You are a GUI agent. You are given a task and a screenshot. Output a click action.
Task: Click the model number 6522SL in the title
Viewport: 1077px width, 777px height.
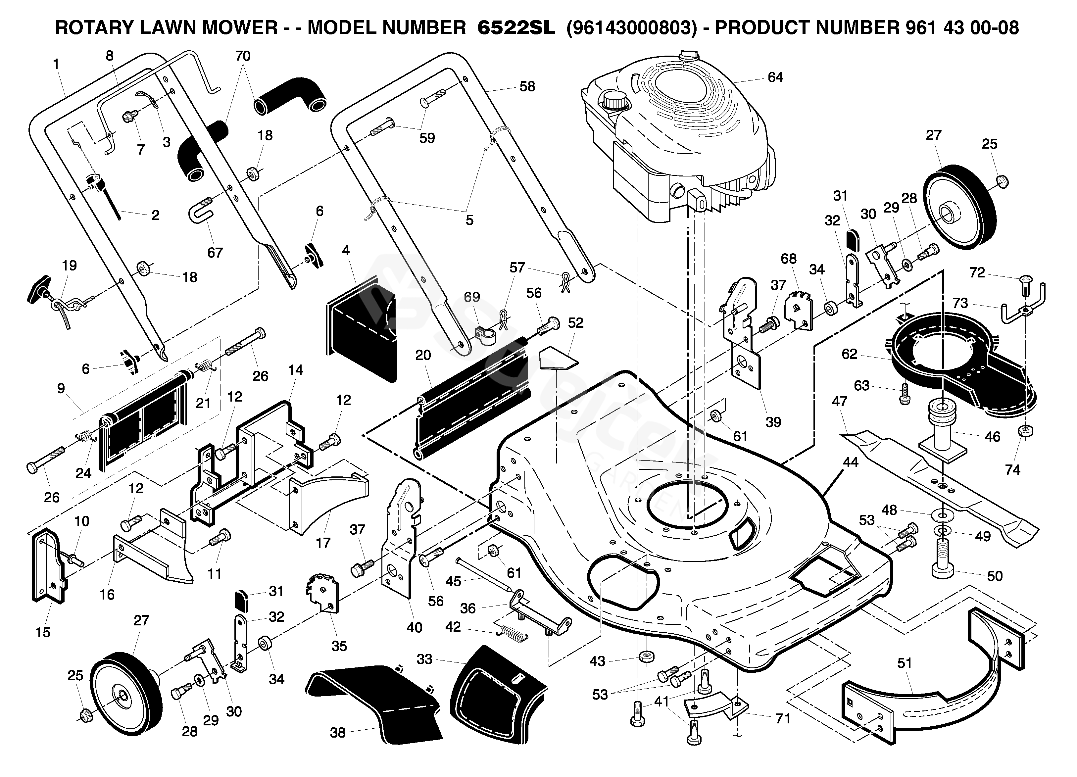click(516, 28)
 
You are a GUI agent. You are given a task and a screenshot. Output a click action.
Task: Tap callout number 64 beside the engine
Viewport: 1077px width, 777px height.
click(775, 77)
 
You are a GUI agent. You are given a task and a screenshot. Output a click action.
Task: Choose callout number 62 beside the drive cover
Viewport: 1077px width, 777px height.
click(850, 354)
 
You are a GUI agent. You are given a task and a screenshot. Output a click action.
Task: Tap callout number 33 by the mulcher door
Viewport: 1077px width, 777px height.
click(424, 659)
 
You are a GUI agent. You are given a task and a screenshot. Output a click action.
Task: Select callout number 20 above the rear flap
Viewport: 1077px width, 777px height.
click(423, 355)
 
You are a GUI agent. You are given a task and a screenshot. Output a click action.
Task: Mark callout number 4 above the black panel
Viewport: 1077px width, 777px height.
click(346, 250)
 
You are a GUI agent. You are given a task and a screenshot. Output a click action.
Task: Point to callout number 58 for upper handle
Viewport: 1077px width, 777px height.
click(527, 86)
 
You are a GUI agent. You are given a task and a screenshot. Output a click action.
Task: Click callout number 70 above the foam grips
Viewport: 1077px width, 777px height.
click(243, 56)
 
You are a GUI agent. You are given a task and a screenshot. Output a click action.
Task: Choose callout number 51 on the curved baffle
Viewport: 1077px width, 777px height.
click(905, 663)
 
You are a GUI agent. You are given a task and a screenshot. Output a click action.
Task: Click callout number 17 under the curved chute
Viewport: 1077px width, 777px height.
click(323, 543)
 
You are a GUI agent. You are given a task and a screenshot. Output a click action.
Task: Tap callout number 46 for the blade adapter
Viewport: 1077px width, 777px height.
click(993, 436)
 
